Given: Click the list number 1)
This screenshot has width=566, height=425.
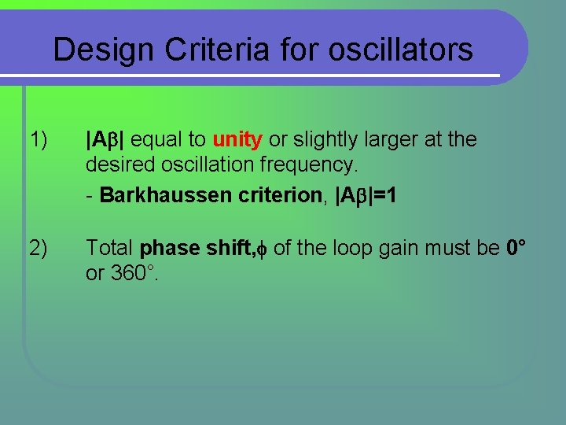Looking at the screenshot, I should pos(38,140).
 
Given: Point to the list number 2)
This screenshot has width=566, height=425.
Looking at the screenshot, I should pos(38,248).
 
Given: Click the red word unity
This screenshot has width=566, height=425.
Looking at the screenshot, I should pos(237,140).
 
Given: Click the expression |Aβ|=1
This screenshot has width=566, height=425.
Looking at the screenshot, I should pos(366,194).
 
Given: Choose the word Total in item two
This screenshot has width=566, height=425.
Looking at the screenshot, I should pos(110,248).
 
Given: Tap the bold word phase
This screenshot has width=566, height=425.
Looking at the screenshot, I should pos(166,249).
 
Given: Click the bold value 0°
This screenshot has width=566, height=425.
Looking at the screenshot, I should pos(515,247).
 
